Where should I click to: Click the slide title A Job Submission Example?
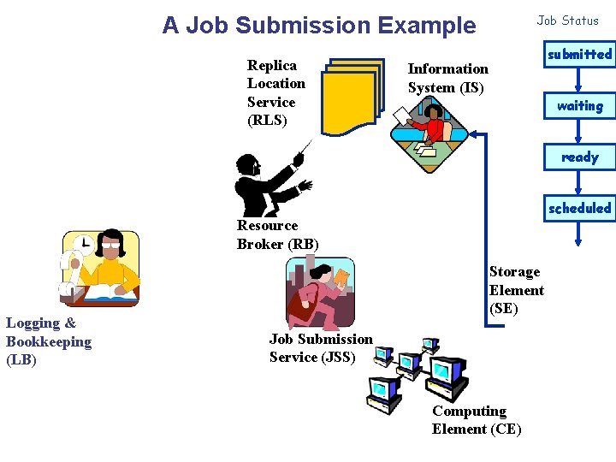[x=319, y=26]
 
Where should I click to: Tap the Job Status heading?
[x=568, y=21]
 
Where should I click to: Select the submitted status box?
[x=579, y=55]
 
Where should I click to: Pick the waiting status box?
[x=579, y=106]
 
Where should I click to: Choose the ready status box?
[x=579, y=157]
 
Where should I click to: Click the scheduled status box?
[x=579, y=208]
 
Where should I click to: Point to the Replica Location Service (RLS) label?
[x=275, y=92]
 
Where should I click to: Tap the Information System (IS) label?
[x=447, y=78]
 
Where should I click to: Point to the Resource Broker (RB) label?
[x=277, y=234]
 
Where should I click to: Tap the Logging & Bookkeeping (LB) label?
[x=48, y=341]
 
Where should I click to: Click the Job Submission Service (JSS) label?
[x=321, y=348]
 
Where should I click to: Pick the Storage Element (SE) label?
[x=516, y=290]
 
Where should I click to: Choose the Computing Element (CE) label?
[x=477, y=420]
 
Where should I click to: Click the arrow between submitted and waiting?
[x=579, y=80]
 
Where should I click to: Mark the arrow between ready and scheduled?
[x=579, y=183]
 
